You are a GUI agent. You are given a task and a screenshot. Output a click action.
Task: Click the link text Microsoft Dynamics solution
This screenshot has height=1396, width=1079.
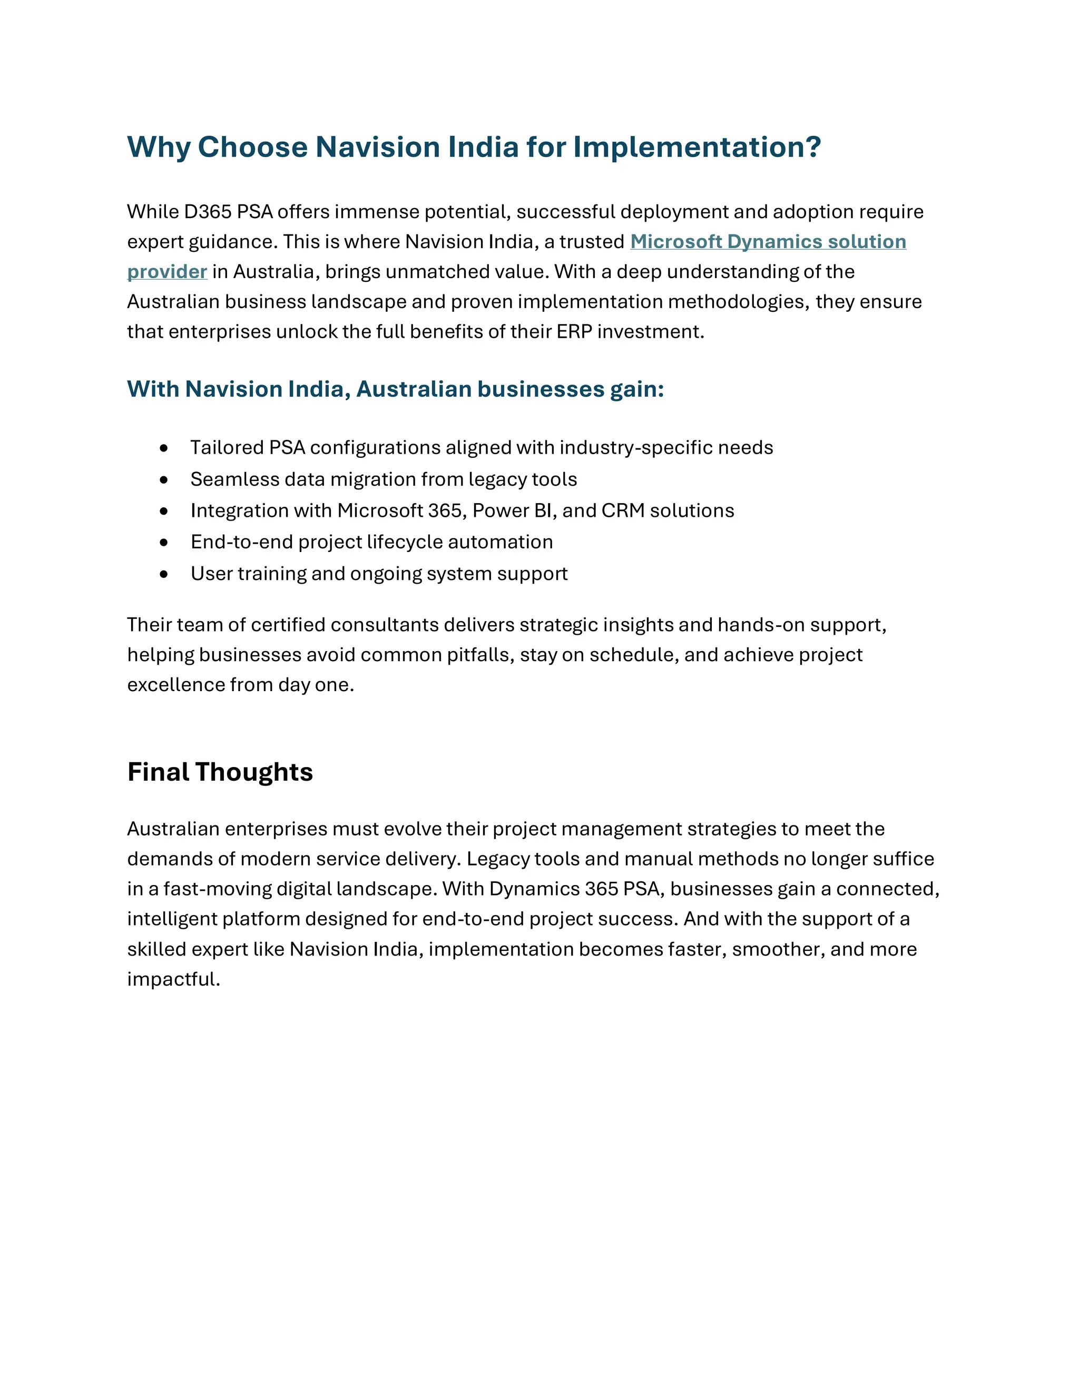pyautogui.click(x=768, y=242)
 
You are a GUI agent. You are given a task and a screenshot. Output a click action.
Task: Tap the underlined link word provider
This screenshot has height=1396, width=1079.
pyautogui.click(x=167, y=272)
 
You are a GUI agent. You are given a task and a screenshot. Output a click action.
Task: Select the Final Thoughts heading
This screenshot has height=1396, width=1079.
pyautogui.click(x=220, y=772)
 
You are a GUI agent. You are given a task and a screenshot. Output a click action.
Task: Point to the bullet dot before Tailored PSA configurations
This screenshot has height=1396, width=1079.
pyautogui.click(x=164, y=449)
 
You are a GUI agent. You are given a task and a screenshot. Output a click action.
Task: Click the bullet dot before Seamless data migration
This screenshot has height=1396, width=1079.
pyautogui.click(x=164, y=480)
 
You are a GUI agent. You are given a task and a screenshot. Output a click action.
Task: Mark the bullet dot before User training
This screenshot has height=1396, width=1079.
pyautogui.click(x=164, y=575)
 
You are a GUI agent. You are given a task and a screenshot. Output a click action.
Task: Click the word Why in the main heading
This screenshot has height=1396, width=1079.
pyautogui.click(x=159, y=148)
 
